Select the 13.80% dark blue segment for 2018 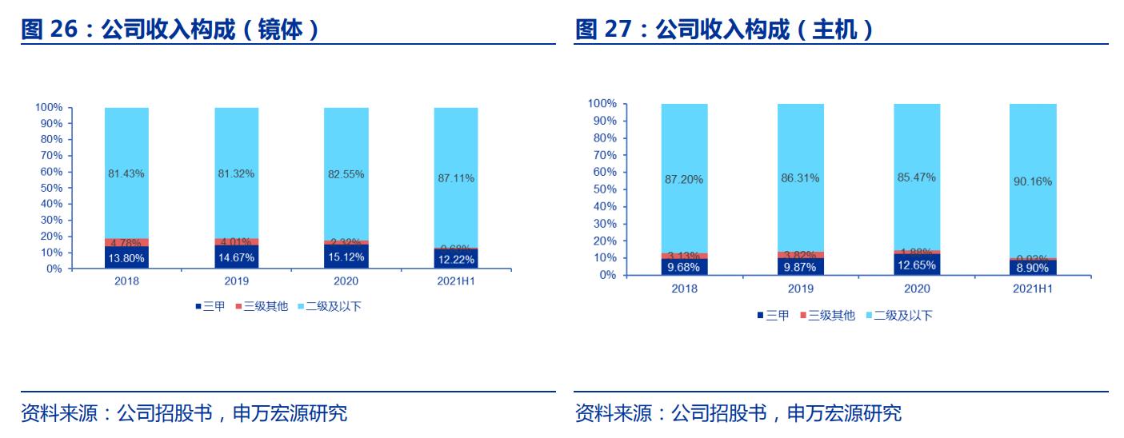click(126, 258)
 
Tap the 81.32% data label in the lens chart click(236, 174)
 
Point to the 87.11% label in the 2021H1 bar click(456, 178)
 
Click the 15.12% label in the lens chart click(346, 257)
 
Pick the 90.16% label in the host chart click(1033, 181)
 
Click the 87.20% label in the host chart click(684, 179)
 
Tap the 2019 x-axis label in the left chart click(236, 281)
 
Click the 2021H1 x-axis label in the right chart click(1033, 289)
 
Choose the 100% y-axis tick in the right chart click(602, 103)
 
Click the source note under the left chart click(184, 413)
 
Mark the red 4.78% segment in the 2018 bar click(126, 242)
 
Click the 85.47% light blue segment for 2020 click(917, 177)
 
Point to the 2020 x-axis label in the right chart click(917, 289)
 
